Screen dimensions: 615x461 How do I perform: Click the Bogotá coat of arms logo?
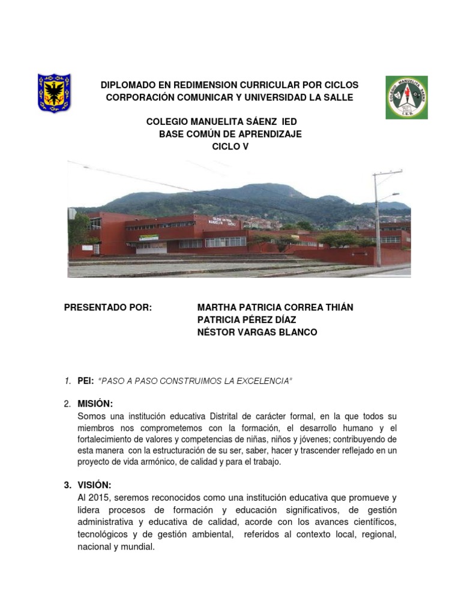(54, 94)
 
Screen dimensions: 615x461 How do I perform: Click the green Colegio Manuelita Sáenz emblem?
(406, 97)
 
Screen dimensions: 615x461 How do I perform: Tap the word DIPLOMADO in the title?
(125, 85)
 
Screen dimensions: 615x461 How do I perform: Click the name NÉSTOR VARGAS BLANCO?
(257, 332)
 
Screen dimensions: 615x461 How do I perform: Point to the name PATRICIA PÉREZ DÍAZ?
(247, 320)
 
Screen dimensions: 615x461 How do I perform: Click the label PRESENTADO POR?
(109, 307)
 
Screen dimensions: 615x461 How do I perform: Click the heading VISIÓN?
(94, 485)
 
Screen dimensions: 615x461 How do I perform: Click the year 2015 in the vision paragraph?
(98, 498)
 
